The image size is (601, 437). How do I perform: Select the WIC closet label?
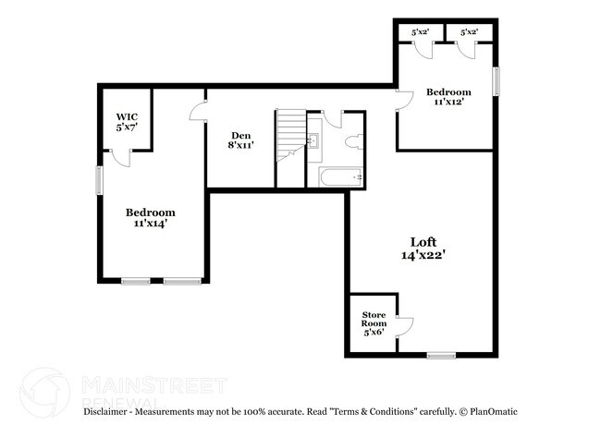[127, 122]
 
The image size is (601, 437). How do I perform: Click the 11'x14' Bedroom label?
[150, 217]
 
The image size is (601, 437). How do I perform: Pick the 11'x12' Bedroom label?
[448, 97]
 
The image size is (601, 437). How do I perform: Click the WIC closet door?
[120, 158]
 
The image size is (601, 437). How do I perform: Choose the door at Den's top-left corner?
[199, 112]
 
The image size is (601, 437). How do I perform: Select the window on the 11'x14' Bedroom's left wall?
[100, 179]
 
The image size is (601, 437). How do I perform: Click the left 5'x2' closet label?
[420, 32]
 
